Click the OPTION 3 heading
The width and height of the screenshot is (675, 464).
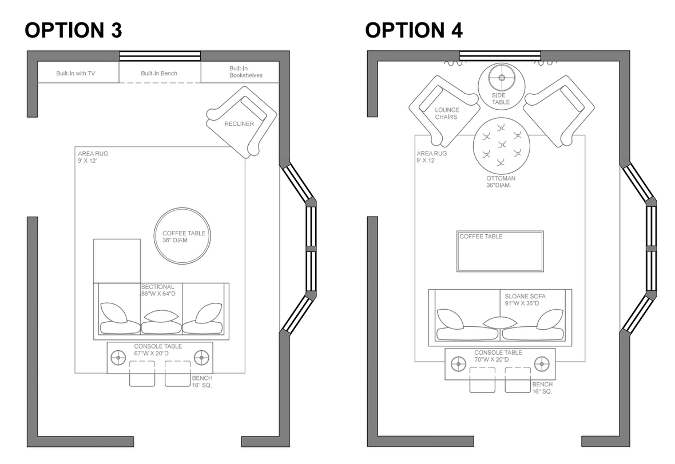(x=73, y=30)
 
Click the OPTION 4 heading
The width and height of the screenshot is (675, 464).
(x=414, y=30)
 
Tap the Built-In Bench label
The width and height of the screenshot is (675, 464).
(x=159, y=73)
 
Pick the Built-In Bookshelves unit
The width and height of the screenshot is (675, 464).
(x=240, y=71)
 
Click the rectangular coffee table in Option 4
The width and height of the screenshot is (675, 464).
(x=500, y=251)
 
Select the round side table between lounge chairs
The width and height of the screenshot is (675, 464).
(x=502, y=86)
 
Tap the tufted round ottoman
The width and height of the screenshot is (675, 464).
(x=501, y=146)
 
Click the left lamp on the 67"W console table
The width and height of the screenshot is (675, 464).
(x=118, y=358)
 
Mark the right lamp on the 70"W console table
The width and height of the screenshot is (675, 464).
(x=542, y=363)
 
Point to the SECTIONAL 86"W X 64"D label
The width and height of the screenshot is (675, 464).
(x=162, y=290)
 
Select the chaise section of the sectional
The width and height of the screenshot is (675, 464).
(x=117, y=261)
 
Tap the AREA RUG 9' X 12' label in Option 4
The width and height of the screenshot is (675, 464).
(x=432, y=157)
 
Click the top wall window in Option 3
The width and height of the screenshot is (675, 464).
(x=160, y=56)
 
